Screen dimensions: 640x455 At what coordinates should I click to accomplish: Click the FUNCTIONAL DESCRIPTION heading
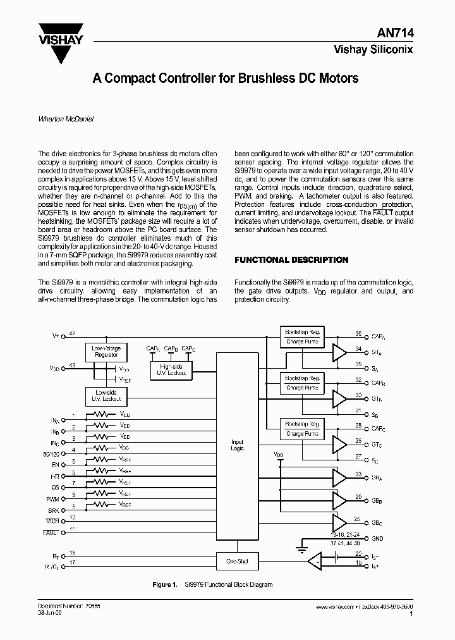(x=291, y=260)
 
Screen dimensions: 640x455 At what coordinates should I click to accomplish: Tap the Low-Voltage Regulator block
(x=106, y=352)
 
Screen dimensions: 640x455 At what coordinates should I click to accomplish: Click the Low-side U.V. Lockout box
(x=106, y=397)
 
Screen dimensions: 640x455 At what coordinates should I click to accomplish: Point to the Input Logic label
(x=238, y=445)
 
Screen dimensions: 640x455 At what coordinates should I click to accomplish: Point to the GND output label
(x=377, y=539)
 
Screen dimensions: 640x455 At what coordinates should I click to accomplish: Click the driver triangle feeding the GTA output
(x=339, y=354)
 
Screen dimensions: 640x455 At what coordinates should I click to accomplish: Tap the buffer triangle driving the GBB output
(x=339, y=500)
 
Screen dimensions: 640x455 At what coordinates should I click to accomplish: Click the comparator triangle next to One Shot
(x=312, y=561)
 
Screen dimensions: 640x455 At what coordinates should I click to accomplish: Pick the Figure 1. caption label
(x=165, y=585)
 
